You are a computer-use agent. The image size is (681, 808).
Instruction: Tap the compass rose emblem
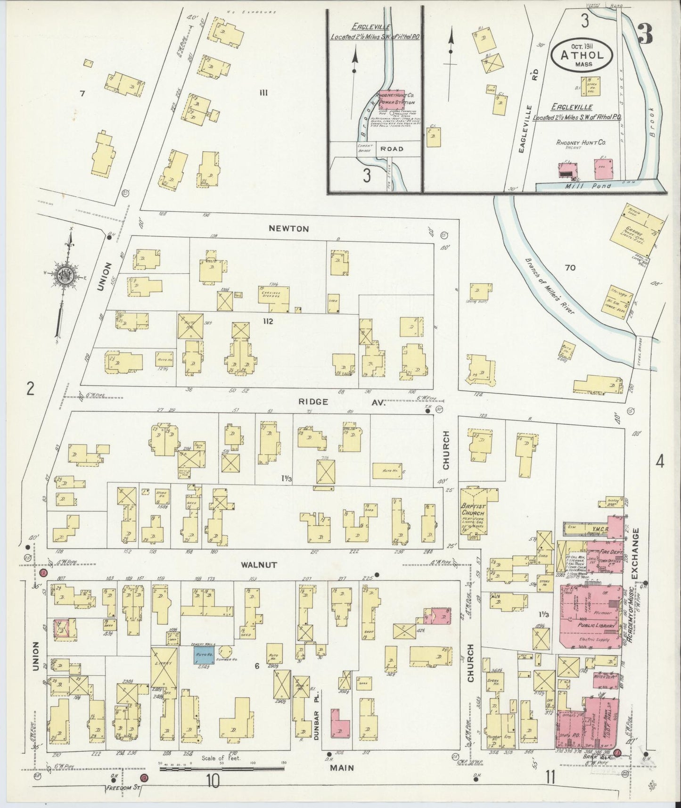click(63, 276)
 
